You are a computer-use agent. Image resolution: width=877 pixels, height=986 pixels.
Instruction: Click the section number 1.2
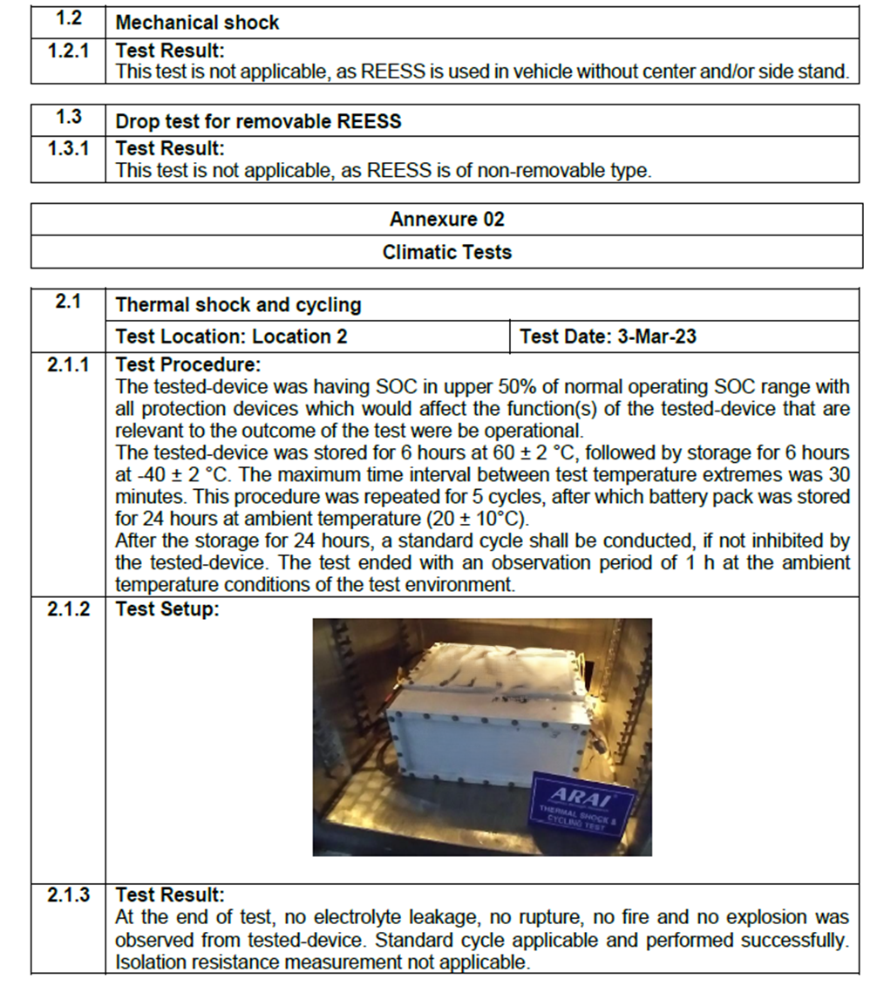(x=68, y=20)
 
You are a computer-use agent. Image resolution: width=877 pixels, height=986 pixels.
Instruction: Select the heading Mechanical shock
(x=197, y=24)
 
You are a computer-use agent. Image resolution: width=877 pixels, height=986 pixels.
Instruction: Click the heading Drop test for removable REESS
(x=258, y=121)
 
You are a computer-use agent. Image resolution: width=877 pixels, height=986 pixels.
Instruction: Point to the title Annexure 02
(x=446, y=219)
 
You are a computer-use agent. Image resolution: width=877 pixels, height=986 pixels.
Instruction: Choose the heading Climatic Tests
(x=446, y=253)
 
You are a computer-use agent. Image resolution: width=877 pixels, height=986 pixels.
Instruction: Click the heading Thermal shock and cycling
(x=238, y=305)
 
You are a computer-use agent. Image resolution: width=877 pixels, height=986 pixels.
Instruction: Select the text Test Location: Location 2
(x=231, y=337)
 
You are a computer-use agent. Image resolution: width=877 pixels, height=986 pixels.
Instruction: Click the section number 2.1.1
(x=68, y=364)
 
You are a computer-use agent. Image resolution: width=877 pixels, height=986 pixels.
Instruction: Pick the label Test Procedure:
(x=188, y=364)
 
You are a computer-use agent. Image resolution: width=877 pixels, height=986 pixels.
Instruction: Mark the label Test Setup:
(x=167, y=609)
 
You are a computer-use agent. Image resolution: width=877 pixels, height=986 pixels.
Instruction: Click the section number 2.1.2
(x=68, y=609)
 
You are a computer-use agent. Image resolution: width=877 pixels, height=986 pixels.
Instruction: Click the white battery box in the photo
(x=488, y=724)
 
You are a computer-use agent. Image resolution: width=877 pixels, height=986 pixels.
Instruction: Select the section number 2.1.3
(x=68, y=895)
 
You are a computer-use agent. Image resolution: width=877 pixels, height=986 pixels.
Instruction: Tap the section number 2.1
(x=68, y=303)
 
